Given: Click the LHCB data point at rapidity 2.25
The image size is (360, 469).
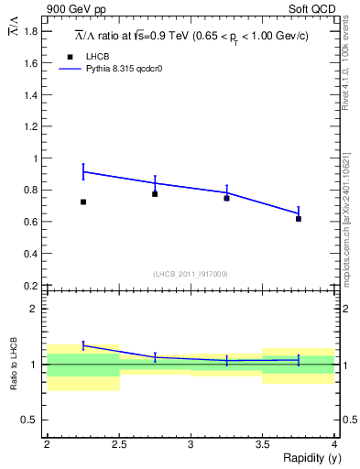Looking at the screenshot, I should [x=83, y=202].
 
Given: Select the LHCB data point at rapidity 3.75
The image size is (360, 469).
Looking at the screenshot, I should [x=299, y=219].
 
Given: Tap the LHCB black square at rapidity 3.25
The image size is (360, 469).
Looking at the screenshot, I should [x=226, y=198].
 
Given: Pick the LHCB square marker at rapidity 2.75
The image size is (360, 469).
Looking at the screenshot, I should [x=155, y=194].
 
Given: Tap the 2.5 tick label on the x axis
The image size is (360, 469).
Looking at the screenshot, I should [x=119, y=444].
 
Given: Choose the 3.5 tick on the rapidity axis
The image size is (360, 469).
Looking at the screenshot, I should [x=262, y=444].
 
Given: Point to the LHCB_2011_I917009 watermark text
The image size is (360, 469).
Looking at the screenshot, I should [x=191, y=273].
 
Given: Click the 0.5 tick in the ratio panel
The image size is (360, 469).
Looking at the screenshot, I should [x=33, y=420].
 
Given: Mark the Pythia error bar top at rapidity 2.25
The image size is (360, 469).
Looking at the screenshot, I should [x=83, y=164].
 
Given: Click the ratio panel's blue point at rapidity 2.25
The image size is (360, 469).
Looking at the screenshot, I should [x=83, y=344].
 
